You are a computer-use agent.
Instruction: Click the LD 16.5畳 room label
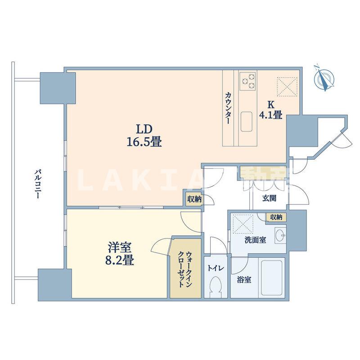point(144,136)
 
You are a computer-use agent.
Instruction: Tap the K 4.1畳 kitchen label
point(271,110)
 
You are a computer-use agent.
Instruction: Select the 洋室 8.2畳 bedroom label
point(120,254)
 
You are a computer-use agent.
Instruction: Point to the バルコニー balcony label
point(37,184)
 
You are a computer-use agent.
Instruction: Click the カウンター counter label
point(228,108)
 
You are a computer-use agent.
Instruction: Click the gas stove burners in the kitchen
point(248,81)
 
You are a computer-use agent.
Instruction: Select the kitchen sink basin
point(247,121)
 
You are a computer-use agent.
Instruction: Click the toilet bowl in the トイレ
point(216,287)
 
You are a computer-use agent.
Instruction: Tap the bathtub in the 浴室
point(272,278)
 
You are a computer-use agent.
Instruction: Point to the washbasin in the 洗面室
point(280,235)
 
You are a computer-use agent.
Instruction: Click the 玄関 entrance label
point(269,198)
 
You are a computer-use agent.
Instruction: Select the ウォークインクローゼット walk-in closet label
point(185,269)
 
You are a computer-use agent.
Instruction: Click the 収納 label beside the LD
point(194,199)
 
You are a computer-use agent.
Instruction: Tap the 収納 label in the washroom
point(276,217)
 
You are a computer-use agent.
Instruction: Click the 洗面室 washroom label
point(255,240)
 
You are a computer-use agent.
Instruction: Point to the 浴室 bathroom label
point(244,279)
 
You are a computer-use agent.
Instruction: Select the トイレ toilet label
point(216,268)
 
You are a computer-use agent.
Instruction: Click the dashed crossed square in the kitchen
point(287,87)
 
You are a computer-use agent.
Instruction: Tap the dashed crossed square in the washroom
point(243,224)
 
